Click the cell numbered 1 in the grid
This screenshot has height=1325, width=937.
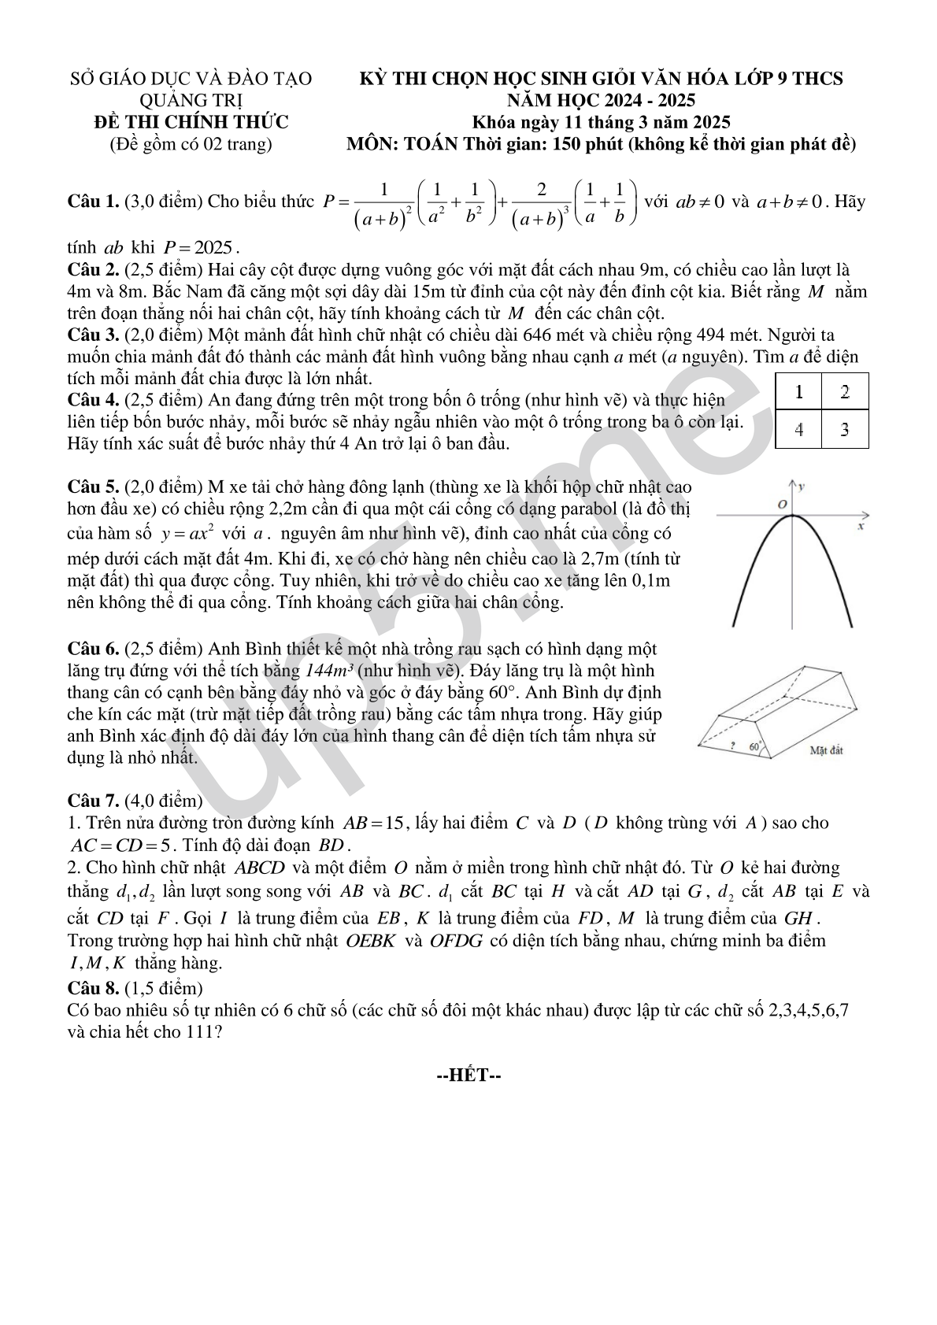click(x=798, y=391)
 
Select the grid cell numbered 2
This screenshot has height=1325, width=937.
click(x=845, y=391)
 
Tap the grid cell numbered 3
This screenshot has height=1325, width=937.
click(x=845, y=430)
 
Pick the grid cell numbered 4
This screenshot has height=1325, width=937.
click(x=798, y=430)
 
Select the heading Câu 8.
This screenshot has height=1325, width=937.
click(x=93, y=987)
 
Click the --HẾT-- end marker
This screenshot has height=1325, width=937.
click(x=468, y=1075)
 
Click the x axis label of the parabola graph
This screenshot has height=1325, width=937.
click(x=861, y=526)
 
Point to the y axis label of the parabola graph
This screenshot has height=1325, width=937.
click(x=802, y=487)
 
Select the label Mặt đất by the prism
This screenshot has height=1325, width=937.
click(x=826, y=750)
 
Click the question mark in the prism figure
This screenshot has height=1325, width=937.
click(x=732, y=745)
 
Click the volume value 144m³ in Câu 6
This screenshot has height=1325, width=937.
click(x=329, y=672)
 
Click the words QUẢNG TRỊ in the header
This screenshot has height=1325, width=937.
click(x=191, y=100)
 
